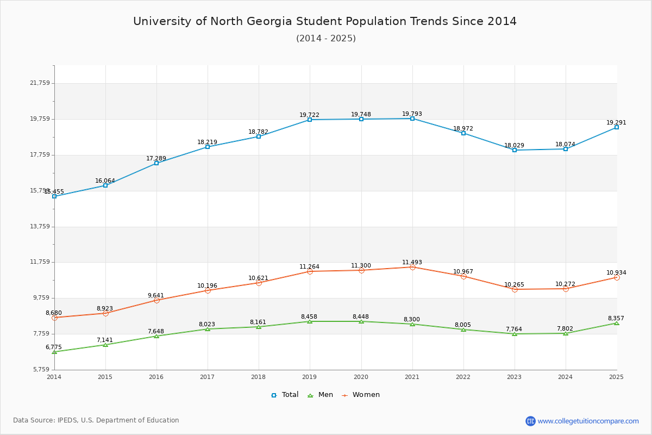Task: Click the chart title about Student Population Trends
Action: pos(325,21)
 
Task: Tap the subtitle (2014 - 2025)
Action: pos(325,38)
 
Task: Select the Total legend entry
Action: pos(285,395)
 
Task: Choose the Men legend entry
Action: pos(321,395)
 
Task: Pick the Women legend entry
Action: pos(361,395)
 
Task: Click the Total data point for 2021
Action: pos(412,119)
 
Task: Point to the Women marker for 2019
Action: pos(310,271)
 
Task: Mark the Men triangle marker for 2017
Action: pos(208,329)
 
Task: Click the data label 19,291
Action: pos(616,122)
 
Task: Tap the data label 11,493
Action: pos(412,262)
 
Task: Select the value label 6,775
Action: pos(54,347)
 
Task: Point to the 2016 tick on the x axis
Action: pos(156,377)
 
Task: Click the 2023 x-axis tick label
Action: pos(514,377)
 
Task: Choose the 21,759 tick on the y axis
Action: pos(40,83)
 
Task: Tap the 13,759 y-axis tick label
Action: pos(40,227)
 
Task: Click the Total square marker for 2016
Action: pos(156,163)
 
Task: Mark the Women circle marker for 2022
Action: pos(463,277)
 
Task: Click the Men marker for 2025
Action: pos(617,323)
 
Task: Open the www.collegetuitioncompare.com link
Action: pos(588,421)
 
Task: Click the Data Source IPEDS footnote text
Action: pos(96,420)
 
